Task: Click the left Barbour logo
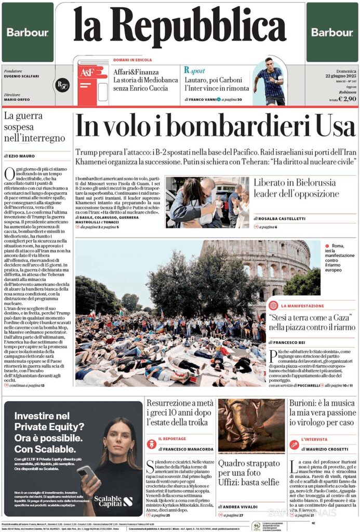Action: (x=28, y=32)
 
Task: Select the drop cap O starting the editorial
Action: (x=9, y=174)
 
